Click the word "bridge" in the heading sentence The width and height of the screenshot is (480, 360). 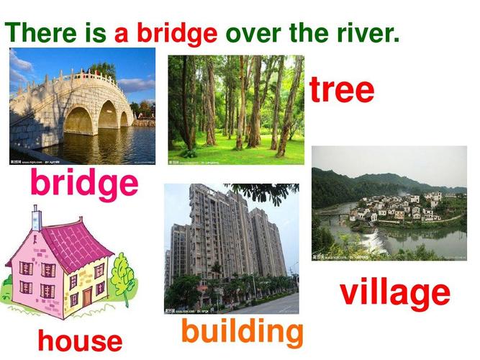177,33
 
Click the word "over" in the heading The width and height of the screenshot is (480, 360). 253,35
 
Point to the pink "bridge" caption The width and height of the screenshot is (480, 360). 84,184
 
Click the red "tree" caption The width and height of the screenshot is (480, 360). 342,89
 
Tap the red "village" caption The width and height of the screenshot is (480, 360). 395,294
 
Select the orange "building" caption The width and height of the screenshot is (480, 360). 242,333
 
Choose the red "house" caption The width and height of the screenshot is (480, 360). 80,341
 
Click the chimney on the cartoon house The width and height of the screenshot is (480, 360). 37,218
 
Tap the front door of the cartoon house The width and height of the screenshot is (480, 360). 87,297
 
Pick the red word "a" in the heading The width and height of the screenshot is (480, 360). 121,35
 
